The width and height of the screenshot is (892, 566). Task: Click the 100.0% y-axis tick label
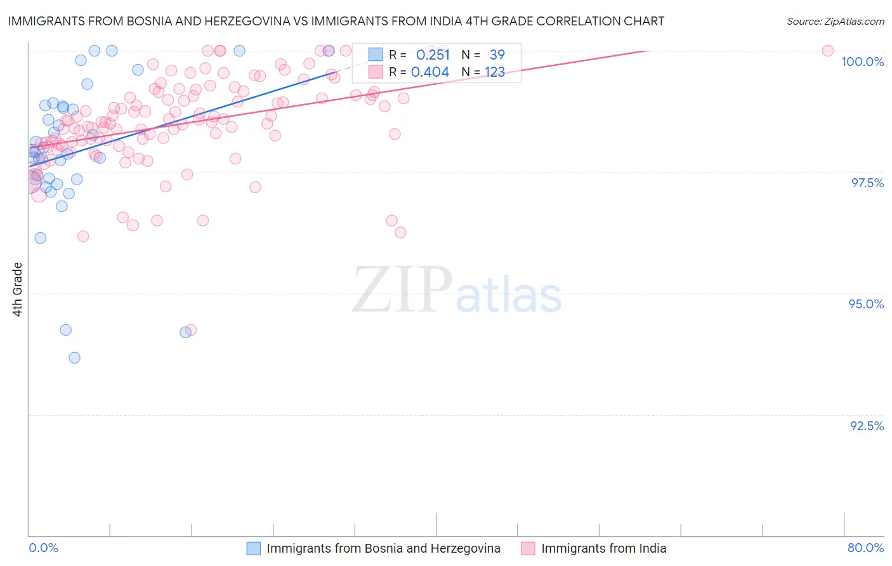862,62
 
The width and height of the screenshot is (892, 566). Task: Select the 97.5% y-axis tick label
867,183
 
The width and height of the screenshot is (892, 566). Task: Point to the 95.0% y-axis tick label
866,304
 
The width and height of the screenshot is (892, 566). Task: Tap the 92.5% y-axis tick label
867,426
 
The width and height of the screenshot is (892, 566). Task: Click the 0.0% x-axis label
43,548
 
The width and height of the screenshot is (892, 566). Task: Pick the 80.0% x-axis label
865,548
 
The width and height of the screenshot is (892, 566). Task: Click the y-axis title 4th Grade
18,289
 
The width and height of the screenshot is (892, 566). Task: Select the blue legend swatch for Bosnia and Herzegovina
254,548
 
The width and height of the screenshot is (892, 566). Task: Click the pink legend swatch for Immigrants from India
528,548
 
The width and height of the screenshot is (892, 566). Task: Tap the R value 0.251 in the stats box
433,55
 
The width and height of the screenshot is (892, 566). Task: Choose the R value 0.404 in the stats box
430,72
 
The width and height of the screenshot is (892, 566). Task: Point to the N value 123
495,72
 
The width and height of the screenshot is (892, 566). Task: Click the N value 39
497,55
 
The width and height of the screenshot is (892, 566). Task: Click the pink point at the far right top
827,51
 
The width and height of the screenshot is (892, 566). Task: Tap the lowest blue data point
74,358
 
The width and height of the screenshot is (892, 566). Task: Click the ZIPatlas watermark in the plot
457,291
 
